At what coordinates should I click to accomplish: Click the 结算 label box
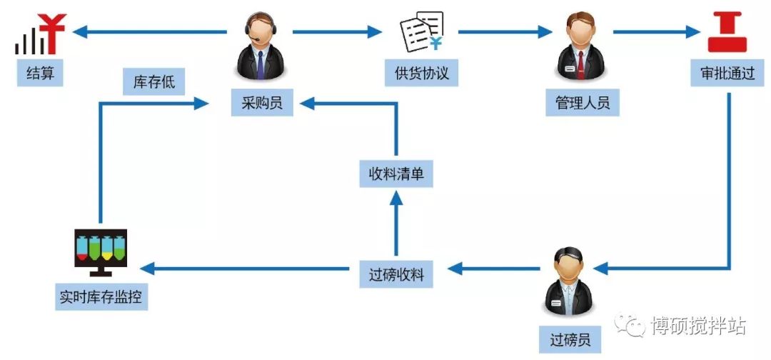[40, 72]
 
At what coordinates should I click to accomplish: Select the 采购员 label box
[261, 103]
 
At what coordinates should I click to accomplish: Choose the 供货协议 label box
[421, 73]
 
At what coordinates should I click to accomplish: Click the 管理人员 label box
[583, 102]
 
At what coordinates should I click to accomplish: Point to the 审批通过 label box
[727, 73]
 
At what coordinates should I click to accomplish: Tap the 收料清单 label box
[396, 174]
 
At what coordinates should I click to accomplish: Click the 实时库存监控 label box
[101, 296]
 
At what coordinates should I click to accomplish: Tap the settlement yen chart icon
[39, 34]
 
